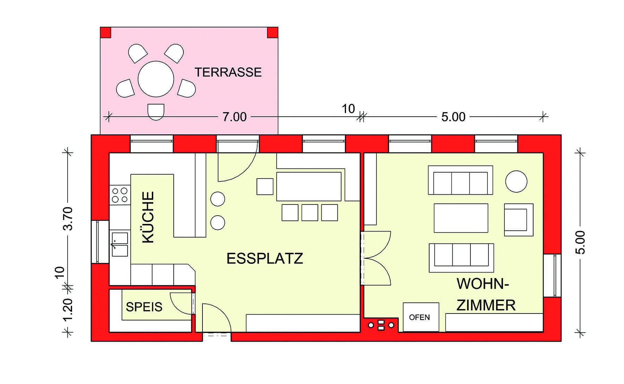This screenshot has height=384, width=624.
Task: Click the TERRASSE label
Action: (x=228, y=72)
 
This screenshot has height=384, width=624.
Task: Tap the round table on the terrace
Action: (x=156, y=79)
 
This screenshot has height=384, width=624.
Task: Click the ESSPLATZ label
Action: (x=265, y=259)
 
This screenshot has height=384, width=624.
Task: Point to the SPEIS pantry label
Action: (x=144, y=307)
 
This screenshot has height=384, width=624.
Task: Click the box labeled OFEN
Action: (x=421, y=317)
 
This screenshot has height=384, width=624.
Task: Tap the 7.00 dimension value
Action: (x=234, y=117)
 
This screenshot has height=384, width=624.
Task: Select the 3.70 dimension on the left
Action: (x=68, y=218)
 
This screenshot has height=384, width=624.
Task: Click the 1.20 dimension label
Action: (x=68, y=310)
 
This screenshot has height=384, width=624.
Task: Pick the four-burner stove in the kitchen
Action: (x=120, y=195)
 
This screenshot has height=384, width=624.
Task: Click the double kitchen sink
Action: (x=120, y=244)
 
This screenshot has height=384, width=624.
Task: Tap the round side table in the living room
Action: (x=516, y=181)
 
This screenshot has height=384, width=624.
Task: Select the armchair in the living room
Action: (x=518, y=220)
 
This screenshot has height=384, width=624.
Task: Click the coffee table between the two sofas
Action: (x=461, y=218)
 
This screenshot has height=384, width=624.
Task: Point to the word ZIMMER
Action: (x=486, y=306)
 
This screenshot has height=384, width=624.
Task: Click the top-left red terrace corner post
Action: (x=105, y=33)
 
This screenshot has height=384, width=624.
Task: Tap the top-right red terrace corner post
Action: (x=272, y=33)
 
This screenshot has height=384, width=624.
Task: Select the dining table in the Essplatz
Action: (x=309, y=186)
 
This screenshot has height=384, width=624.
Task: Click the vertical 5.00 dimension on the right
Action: (x=580, y=242)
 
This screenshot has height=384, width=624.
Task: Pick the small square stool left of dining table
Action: (x=265, y=186)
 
